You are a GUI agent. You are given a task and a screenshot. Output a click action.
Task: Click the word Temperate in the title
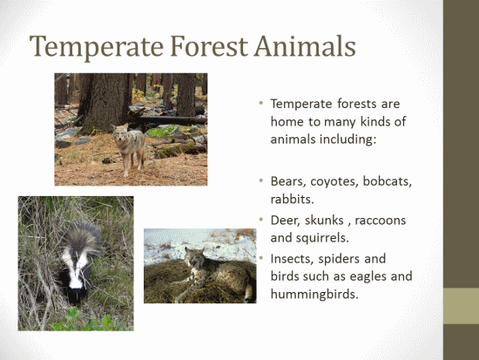97,46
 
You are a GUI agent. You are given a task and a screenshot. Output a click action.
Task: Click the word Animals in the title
305,46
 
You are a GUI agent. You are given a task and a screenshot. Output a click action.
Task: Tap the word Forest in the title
209,46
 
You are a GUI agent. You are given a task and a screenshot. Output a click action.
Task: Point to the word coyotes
334,182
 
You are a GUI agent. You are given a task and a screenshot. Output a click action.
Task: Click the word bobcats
388,181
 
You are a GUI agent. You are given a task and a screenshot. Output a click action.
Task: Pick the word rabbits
293,199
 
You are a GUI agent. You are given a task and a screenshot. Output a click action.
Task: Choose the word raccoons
381,221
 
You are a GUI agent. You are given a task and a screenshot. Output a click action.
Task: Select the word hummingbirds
314,295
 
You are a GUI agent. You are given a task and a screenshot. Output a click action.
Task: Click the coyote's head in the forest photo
121,132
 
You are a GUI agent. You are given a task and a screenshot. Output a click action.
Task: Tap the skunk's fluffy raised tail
82,238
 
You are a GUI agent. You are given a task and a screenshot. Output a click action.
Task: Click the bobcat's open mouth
192,263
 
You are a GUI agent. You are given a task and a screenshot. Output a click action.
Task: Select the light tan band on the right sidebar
461,306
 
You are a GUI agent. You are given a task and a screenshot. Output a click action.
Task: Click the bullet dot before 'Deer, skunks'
261,220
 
